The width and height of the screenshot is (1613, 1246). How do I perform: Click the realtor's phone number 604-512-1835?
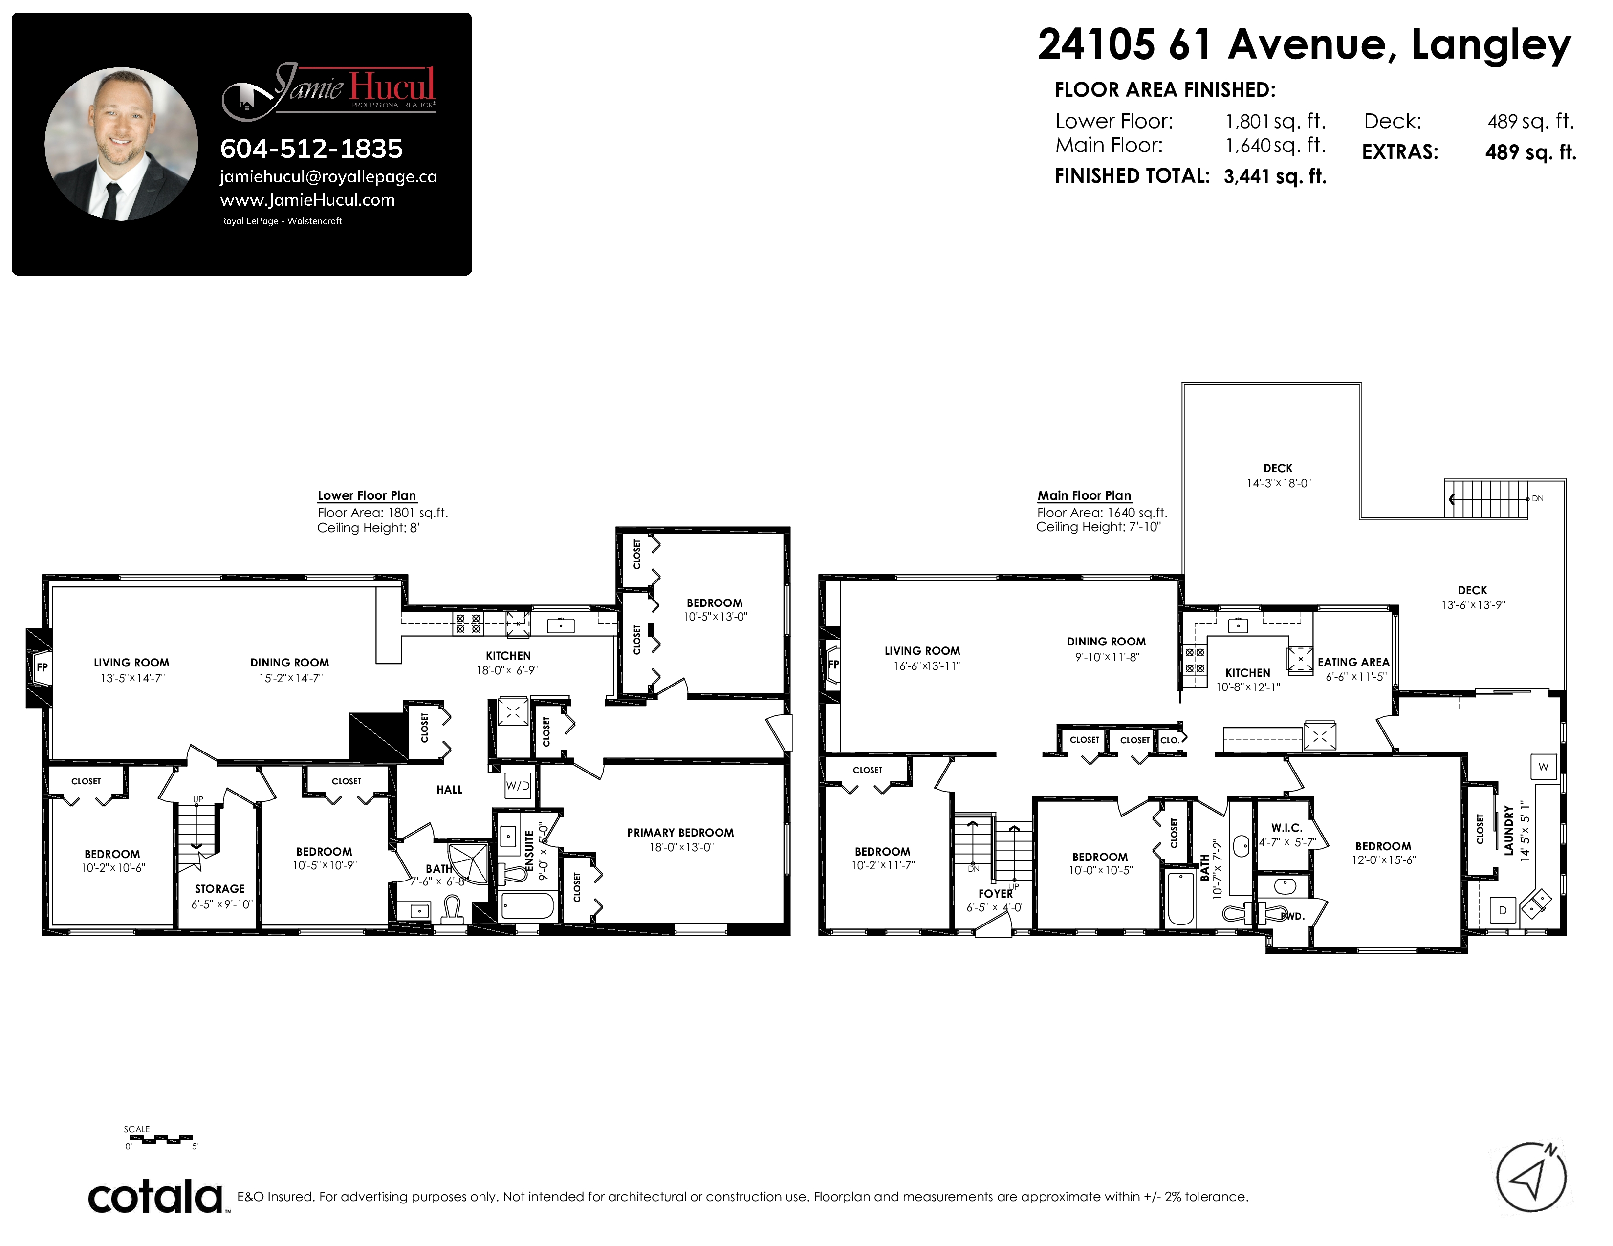click(x=311, y=149)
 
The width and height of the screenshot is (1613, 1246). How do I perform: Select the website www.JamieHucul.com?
click(x=307, y=200)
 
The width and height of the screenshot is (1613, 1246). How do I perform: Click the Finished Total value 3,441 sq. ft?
click(x=1275, y=176)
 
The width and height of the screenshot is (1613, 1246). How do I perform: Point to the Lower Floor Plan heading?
click(x=367, y=495)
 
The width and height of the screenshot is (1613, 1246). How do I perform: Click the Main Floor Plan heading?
click(x=1084, y=495)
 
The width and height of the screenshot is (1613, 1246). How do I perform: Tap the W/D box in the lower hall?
click(x=518, y=785)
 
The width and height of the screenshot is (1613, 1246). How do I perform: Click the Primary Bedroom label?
click(x=680, y=833)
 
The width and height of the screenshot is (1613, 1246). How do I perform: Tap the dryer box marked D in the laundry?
click(x=1502, y=911)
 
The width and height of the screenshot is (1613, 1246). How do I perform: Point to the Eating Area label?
click(x=1353, y=662)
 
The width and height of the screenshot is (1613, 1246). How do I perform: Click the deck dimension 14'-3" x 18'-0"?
click(x=1279, y=483)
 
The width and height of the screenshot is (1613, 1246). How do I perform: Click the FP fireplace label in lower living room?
click(x=42, y=667)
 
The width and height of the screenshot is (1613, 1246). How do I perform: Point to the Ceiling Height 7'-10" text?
click(x=1098, y=527)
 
